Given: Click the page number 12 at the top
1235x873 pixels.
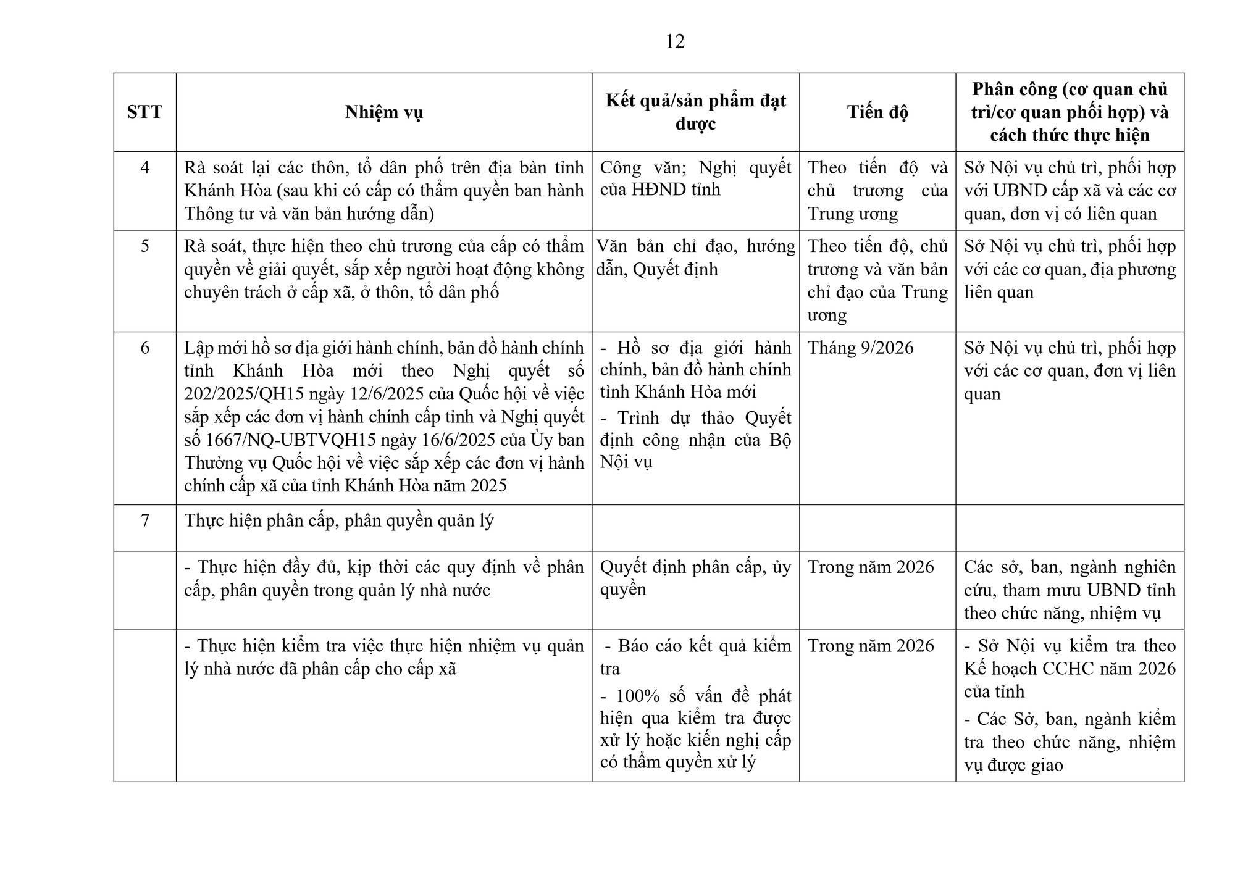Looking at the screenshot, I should pyautogui.click(x=675, y=41).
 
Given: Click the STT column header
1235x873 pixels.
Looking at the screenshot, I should pyautogui.click(x=144, y=112).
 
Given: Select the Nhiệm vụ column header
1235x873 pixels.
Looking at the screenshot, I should pyautogui.click(x=383, y=112).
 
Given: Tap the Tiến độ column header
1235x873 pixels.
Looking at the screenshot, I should pyautogui.click(x=877, y=112).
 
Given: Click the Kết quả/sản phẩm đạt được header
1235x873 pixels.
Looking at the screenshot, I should pyautogui.click(x=695, y=112).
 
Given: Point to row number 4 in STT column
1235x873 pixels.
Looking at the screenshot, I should pyautogui.click(x=144, y=167).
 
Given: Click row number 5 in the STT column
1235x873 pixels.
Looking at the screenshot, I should pyautogui.click(x=144, y=246).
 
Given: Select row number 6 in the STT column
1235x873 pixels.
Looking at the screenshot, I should pyautogui.click(x=144, y=348).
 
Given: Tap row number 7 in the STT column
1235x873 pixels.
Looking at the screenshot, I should pyautogui.click(x=144, y=520).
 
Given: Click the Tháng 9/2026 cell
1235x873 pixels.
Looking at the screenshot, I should pyautogui.click(x=860, y=348).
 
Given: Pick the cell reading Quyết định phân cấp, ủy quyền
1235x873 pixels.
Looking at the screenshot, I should pyautogui.click(x=695, y=578).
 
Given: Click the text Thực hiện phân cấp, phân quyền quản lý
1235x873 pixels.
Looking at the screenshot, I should pyautogui.click(x=339, y=520).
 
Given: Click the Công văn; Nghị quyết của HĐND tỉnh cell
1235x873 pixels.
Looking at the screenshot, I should pyautogui.click(x=695, y=178).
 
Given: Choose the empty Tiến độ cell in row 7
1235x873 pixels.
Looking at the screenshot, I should pyautogui.click(x=877, y=528).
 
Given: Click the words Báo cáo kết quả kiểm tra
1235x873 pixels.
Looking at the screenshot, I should pyautogui.click(x=695, y=657).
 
